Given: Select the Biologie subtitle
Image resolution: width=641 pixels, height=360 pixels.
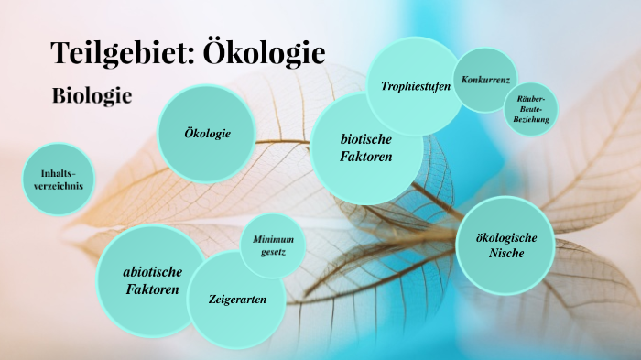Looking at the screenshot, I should click(92, 94).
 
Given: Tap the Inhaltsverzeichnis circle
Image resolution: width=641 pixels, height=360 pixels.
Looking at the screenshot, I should click(57, 180).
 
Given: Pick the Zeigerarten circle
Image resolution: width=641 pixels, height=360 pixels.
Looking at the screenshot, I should click(236, 300).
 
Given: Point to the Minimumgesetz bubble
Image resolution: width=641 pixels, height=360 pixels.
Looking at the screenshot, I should click(272, 245).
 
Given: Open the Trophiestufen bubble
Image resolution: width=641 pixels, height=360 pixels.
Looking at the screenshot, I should click(415, 86).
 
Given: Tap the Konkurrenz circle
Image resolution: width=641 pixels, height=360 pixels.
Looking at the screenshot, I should click(485, 81).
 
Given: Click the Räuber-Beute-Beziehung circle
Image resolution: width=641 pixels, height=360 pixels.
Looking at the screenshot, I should click(531, 109).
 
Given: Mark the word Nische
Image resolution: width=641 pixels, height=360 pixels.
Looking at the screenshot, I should click(506, 254).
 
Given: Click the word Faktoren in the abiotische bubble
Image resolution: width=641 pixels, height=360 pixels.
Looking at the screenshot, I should click(153, 289).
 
